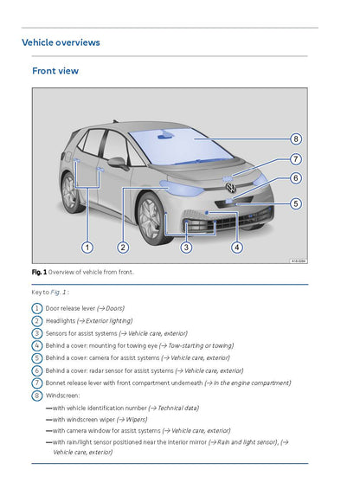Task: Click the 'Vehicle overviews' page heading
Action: point(61,42)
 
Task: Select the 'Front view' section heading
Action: point(55,72)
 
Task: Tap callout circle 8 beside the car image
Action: point(295,138)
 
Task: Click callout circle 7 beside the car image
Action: point(295,159)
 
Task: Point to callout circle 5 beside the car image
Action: point(295,204)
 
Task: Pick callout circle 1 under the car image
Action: point(87,248)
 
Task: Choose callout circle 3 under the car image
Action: point(186,248)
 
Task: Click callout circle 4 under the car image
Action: point(237,248)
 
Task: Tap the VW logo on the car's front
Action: point(230,187)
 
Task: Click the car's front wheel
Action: point(151,216)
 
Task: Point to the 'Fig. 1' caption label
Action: point(39,272)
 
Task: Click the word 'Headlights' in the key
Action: point(63,320)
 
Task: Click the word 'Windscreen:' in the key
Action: point(62,395)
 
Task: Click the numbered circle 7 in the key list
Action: point(36,383)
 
